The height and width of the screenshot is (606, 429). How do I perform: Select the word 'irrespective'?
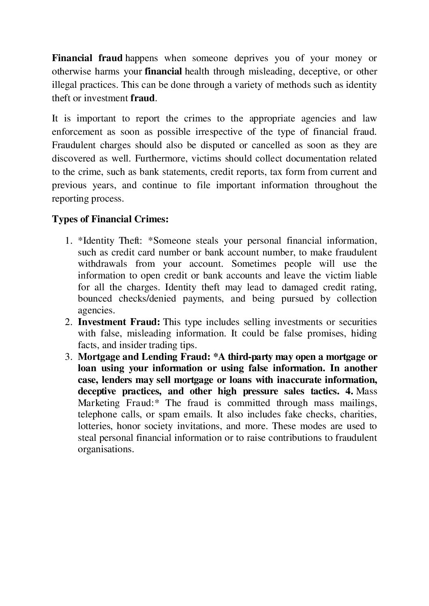tap(219, 132)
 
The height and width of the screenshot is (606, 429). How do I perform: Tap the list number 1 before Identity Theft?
tap(68, 241)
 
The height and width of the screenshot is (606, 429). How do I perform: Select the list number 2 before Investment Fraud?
tap(68, 322)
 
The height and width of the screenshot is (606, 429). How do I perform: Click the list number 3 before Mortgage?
tap(68, 357)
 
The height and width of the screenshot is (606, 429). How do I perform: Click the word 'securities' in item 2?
tap(358, 322)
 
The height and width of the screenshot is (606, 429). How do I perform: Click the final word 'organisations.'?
tap(105, 450)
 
